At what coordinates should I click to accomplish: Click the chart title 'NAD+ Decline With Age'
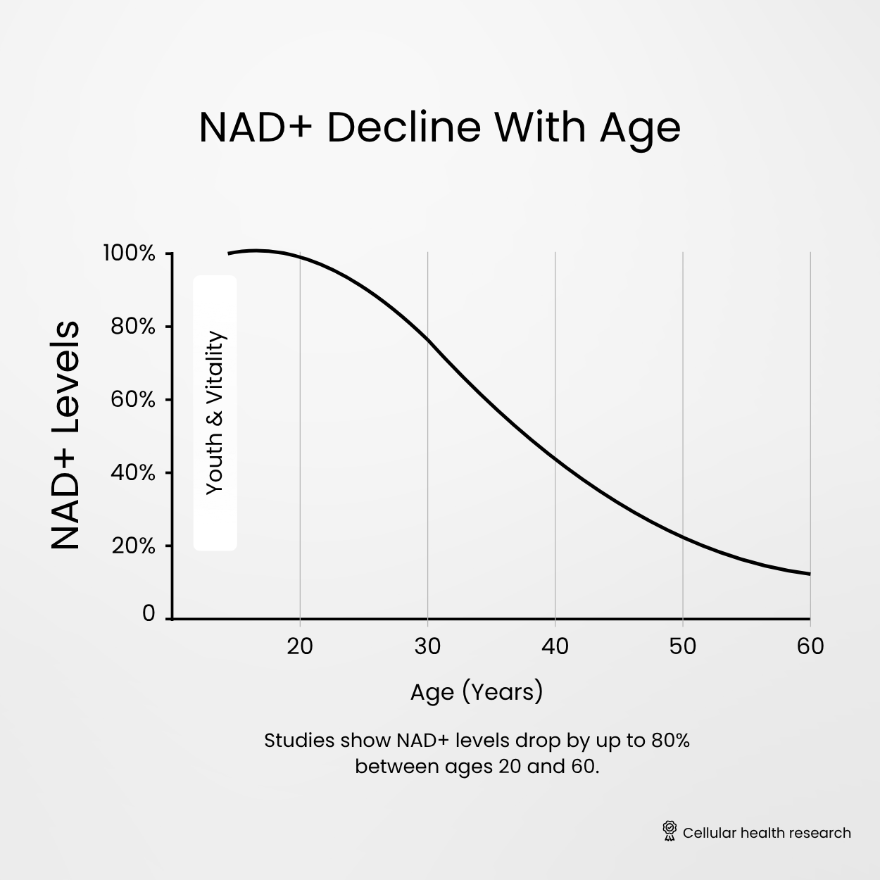tap(439, 128)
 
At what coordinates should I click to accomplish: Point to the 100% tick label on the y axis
tap(129, 253)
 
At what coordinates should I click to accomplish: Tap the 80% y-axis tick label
tap(132, 327)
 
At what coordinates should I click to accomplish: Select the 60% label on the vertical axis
tap(132, 400)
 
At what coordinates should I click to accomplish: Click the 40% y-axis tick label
tap(132, 473)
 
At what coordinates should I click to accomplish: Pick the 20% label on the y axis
tap(133, 546)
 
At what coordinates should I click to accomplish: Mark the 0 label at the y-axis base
tap(148, 614)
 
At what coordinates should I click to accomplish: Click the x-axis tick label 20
tap(300, 646)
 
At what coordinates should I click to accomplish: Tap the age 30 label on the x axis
tap(427, 646)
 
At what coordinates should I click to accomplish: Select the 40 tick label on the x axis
tap(555, 646)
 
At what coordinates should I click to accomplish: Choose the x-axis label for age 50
tap(682, 646)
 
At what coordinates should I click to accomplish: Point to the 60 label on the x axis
tap(810, 646)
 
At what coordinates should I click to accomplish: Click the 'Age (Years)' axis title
tap(477, 691)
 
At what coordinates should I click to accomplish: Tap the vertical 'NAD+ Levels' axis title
tap(65, 435)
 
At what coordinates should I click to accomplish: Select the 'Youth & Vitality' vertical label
tap(215, 413)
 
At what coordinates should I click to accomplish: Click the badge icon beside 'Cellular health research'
tap(670, 831)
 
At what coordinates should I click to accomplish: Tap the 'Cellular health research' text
tap(767, 833)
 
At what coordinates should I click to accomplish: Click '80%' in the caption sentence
tap(670, 741)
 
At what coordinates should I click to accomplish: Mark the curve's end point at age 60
tap(810, 574)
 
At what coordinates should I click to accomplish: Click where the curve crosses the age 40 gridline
tap(555, 459)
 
